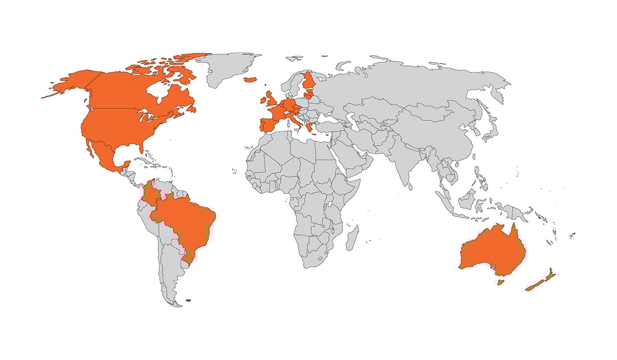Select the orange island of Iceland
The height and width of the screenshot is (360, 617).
click(250, 80)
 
